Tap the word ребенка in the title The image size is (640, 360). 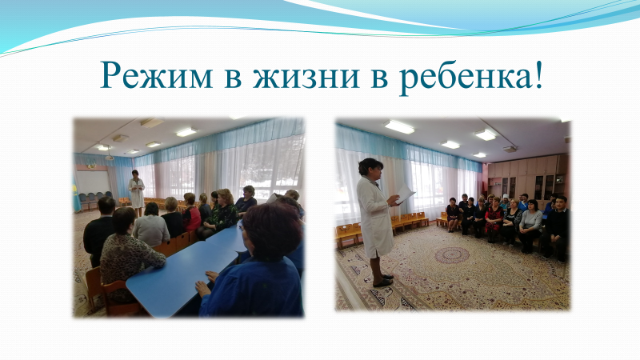click(465, 75)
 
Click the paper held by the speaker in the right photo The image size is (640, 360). click(405, 194)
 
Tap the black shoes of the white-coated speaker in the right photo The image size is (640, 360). click(382, 281)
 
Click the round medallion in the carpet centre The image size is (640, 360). click(452, 255)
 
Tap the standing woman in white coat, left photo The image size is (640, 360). click(136, 193)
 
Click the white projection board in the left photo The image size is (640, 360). click(93, 182)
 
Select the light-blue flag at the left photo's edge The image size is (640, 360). click(76, 193)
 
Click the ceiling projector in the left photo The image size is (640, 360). click(109, 157)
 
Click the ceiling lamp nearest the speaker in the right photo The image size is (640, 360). click(398, 127)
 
